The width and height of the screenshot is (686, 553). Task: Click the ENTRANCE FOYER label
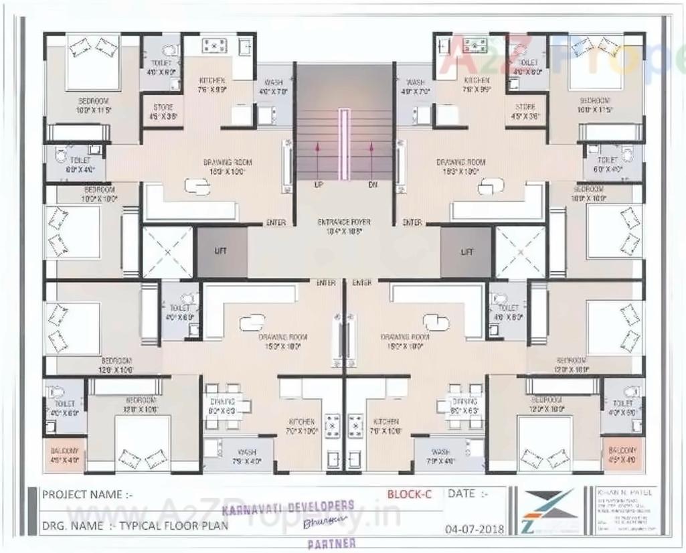click(344, 222)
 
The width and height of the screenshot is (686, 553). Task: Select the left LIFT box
click(221, 252)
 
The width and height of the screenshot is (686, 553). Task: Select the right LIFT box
click(466, 252)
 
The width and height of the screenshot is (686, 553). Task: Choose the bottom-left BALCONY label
click(64, 455)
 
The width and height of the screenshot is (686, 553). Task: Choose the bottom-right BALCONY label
click(622, 455)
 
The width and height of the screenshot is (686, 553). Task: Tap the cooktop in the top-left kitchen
click(214, 45)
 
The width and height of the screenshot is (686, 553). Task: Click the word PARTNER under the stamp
click(331, 543)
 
